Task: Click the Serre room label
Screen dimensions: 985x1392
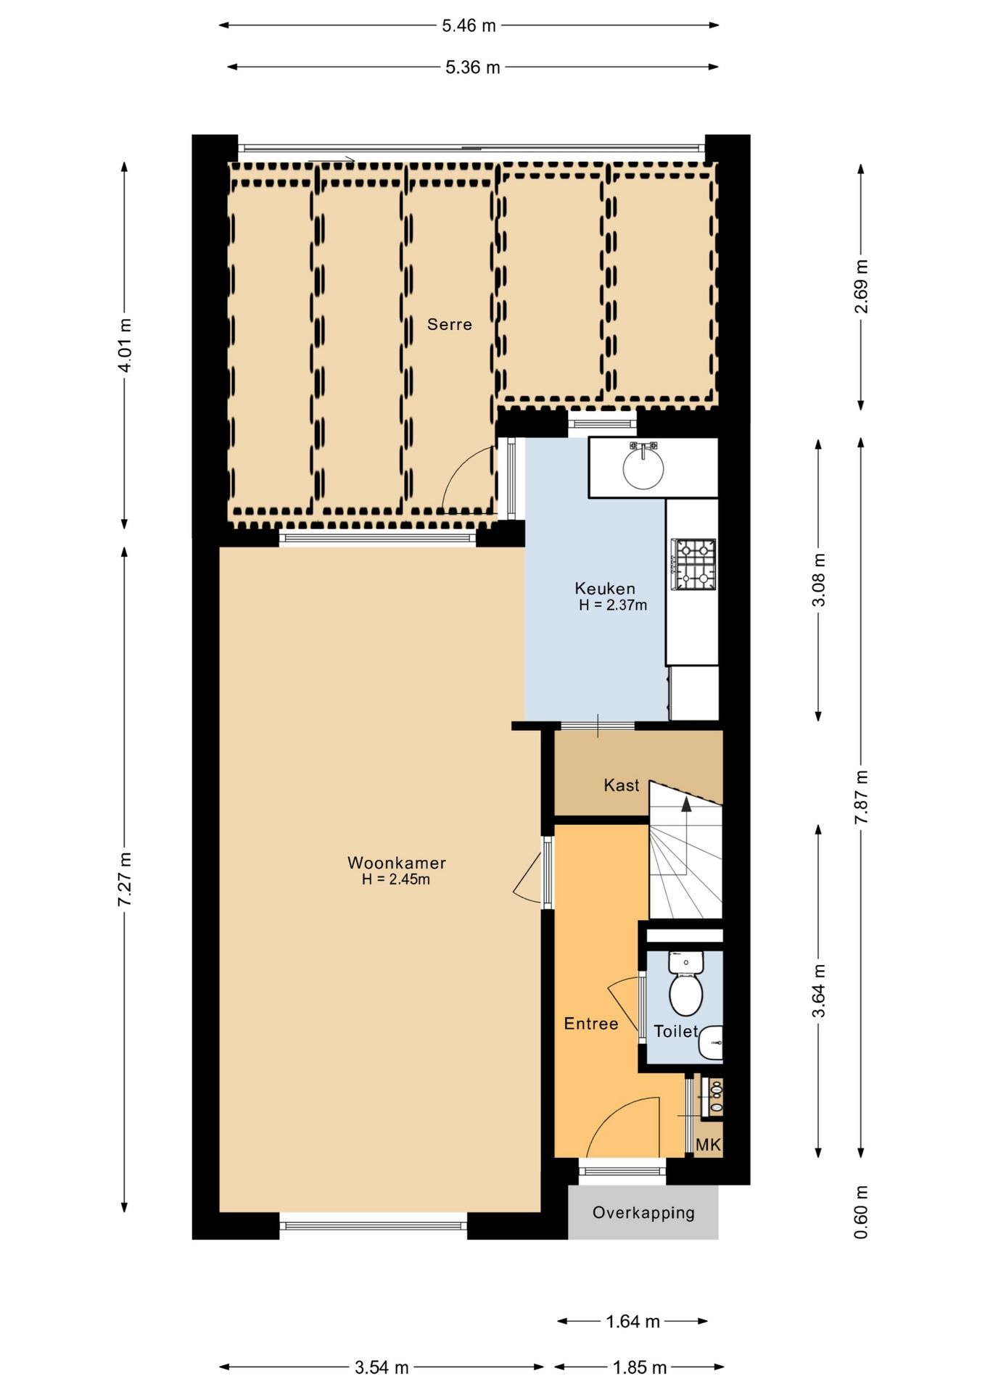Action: [x=449, y=324]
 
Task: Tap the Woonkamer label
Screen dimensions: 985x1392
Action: [x=396, y=862]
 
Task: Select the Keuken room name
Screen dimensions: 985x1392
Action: [x=604, y=588]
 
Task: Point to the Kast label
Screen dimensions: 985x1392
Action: [x=621, y=784]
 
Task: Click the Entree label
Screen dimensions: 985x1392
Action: [x=591, y=1023]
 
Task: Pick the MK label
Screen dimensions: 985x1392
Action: [x=708, y=1144]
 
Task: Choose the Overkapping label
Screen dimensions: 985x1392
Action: [x=643, y=1212]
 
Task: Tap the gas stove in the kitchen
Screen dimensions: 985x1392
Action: [x=693, y=564]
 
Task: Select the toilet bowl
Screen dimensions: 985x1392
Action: [x=685, y=993]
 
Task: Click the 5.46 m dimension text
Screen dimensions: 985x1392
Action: [x=469, y=25]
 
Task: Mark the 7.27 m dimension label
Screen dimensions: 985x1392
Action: [x=125, y=878]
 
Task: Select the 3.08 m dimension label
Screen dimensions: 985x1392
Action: [x=818, y=579]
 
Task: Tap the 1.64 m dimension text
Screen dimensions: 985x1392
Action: [x=632, y=1321]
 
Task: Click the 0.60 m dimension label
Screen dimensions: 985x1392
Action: [x=860, y=1212]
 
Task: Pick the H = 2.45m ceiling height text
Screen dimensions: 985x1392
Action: [x=396, y=879]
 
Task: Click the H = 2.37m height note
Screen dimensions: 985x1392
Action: [x=613, y=605]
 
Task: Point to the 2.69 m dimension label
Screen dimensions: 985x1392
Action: [x=861, y=286]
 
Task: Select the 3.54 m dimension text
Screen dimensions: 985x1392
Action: [x=382, y=1367]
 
